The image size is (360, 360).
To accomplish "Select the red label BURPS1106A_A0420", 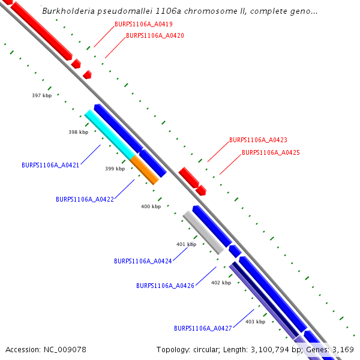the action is pyautogui.click(x=155, y=35).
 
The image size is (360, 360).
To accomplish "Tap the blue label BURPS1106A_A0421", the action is pyautogui.click(x=50, y=164).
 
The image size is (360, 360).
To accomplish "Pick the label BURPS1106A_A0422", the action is pyautogui.click(x=85, y=199).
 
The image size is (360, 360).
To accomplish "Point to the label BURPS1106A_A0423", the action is pyautogui.click(x=258, y=140).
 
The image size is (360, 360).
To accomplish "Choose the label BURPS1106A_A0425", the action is pyautogui.click(x=271, y=152).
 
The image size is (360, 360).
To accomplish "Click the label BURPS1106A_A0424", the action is pyautogui.click(x=143, y=261).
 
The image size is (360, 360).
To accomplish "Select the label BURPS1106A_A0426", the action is pyautogui.click(x=165, y=286).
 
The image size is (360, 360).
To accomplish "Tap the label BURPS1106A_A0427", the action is pyautogui.click(x=203, y=328).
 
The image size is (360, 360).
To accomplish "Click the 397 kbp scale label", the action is pyautogui.click(x=41, y=95).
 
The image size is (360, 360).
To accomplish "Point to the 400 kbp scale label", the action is pyautogui.click(x=151, y=206).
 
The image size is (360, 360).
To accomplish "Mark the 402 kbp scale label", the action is pyautogui.click(x=221, y=283).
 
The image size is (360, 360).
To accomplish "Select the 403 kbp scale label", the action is pyautogui.click(x=255, y=322).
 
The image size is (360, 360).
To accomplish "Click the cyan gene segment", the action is pyautogui.click(x=110, y=135).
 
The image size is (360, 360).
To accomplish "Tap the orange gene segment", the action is pyautogui.click(x=145, y=170).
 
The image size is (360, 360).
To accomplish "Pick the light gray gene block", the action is pyautogui.click(x=203, y=233).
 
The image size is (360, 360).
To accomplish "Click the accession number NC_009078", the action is pyautogui.click(x=66, y=349).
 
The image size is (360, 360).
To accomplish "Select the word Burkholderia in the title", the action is pyautogui.click(x=66, y=11).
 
